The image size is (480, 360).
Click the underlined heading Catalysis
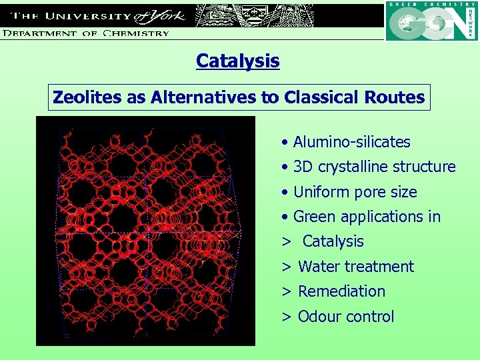237,61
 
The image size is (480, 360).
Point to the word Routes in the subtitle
394,97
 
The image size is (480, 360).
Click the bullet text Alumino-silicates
351,142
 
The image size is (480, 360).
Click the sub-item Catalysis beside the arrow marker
333,242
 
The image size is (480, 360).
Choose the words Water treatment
356,267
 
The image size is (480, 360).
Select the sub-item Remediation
341,291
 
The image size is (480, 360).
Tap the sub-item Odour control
346,317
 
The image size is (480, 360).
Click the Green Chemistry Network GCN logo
431,21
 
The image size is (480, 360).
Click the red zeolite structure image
145,231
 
